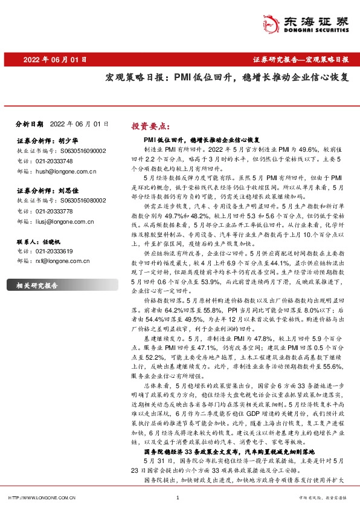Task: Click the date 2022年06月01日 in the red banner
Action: (x=56, y=60)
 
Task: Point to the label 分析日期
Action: (x=29, y=123)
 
